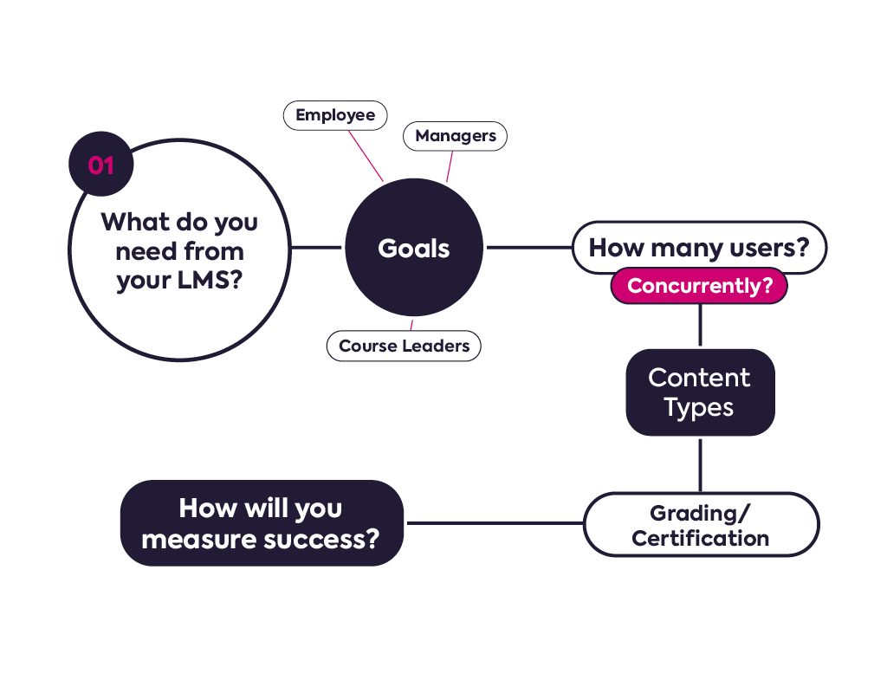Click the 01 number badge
tap(100, 165)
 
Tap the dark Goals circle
tap(413, 248)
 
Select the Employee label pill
tap(335, 115)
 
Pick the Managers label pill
tap(455, 136)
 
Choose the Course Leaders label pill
tap(404, 346)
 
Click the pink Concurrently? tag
tap(699, 286)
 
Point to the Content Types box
tap(699, 392)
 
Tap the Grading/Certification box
tap(700, 525)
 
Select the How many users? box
tap(699, 248)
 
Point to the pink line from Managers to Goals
tap(449, 166)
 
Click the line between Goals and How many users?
tap(528, 248)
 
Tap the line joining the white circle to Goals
tap(317, 248)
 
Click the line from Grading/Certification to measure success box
tap(494, 522)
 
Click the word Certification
tap(700, 538)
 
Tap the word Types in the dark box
tap(699, 406)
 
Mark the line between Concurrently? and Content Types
tap(700, 326)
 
